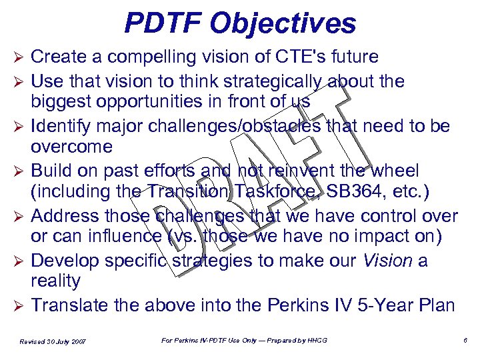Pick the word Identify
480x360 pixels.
tap(59, 125)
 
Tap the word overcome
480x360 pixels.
tap(73, 147)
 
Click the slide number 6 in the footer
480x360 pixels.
tap(465, 341)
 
